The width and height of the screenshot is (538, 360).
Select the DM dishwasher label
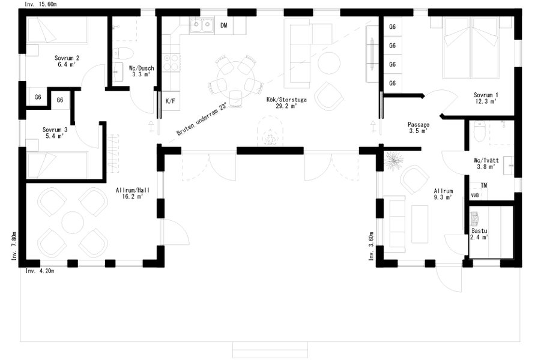point(224,25)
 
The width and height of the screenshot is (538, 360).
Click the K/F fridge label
point(170,101)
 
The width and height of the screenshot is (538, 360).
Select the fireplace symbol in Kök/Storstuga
point(270,132)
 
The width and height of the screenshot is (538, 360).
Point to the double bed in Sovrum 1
point(471,47)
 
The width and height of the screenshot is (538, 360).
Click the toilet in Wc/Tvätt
point(479,131)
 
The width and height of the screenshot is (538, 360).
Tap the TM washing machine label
point(484,185)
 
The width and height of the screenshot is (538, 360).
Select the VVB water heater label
point(475,195)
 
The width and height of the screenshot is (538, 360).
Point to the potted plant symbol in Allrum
point(394,160)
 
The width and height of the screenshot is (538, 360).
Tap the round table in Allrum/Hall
point(73,222)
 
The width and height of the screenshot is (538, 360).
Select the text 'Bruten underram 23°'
point(202,119)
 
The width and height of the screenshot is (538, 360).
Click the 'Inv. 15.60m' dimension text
point(40,4)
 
